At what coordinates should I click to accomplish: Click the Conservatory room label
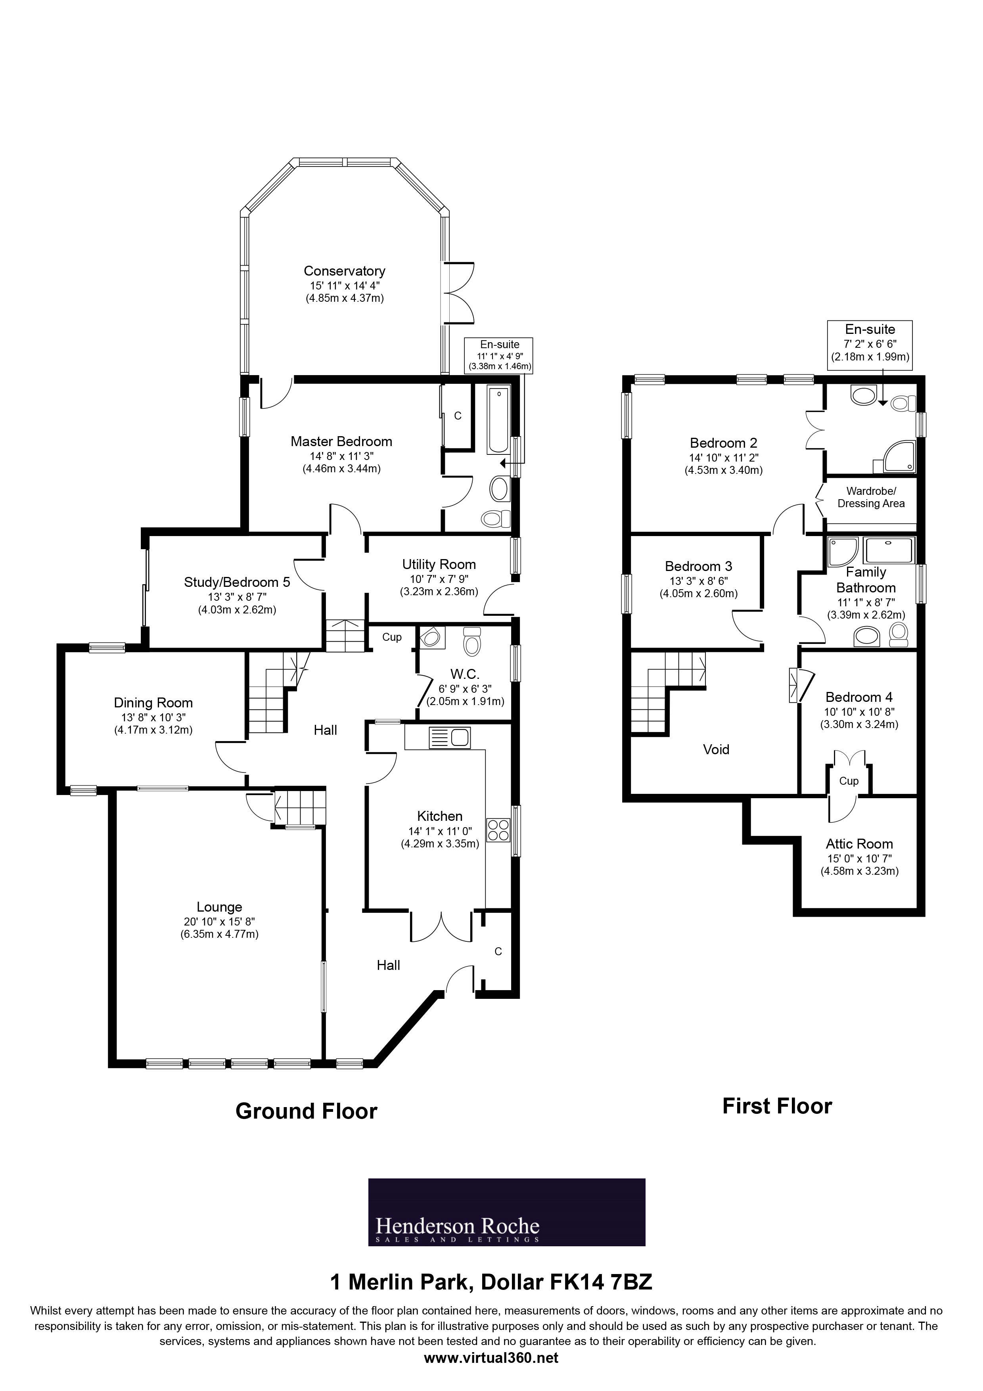point(344,271)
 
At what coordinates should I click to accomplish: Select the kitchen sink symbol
point(448,738)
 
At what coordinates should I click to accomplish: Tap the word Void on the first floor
point(716,749)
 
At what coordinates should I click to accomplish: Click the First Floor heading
point(777,1106)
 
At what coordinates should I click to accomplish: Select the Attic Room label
point(859,844)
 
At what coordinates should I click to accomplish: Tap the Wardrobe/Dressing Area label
point(870,497)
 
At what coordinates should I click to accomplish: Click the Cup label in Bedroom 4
point(849,781)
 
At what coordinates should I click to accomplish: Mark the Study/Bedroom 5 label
point(237,582)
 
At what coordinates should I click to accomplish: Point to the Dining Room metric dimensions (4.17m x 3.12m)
point(153,730)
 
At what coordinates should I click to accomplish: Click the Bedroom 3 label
point(698,567)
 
